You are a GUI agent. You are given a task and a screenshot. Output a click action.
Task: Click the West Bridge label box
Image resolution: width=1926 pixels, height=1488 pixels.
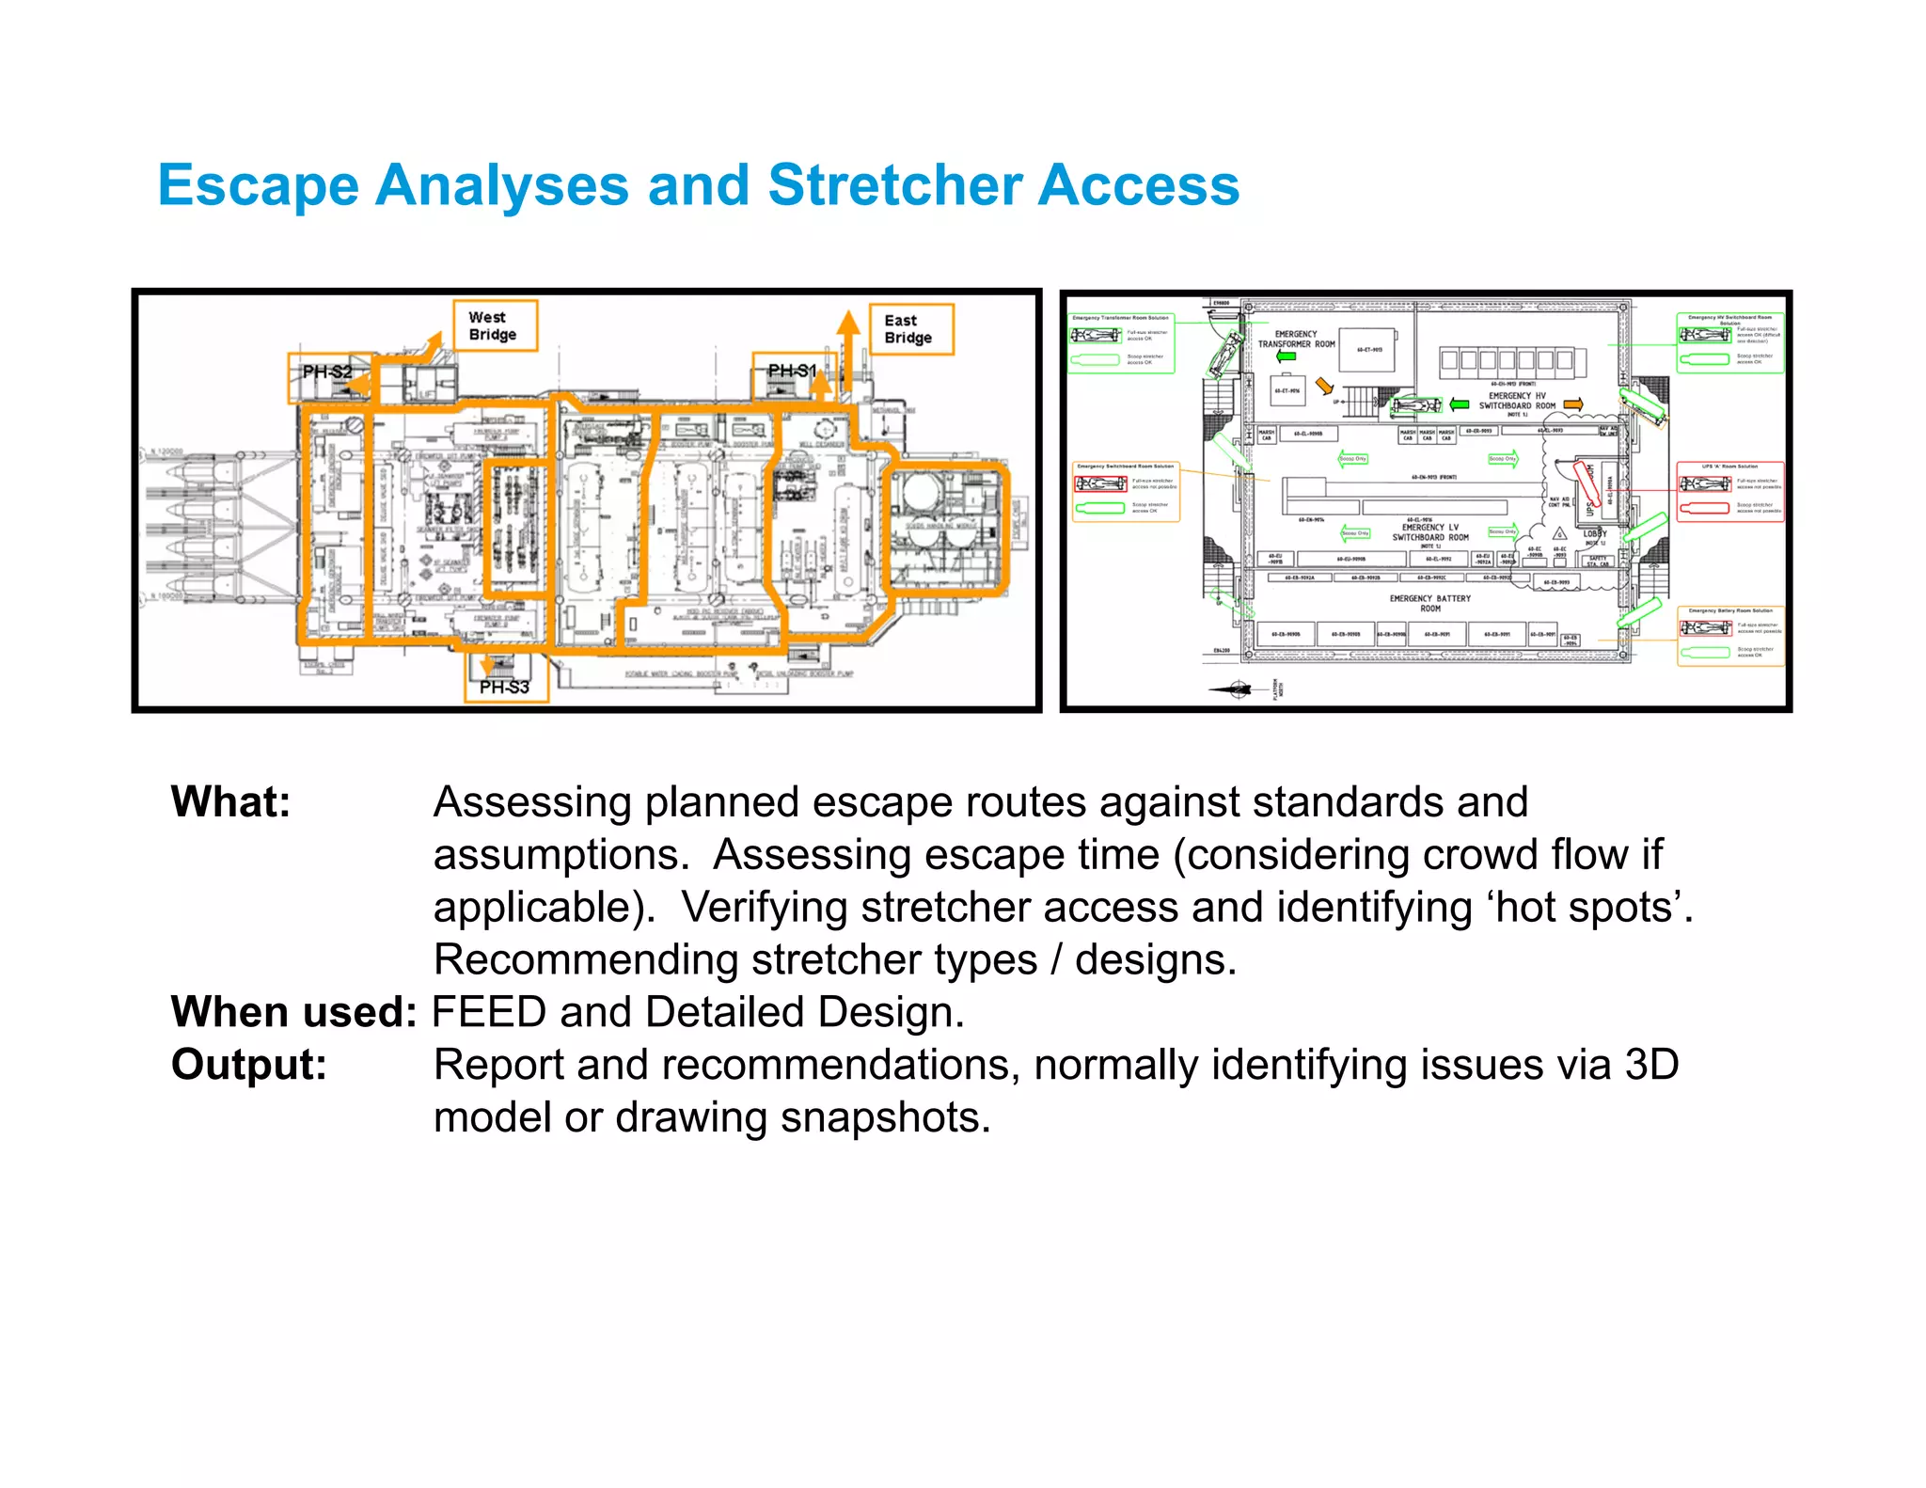coord(495,325)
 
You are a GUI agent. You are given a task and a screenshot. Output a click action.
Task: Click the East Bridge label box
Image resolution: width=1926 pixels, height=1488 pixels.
coord(910,329)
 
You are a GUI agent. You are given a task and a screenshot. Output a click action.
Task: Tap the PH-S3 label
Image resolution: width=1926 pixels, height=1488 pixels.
coord(505,687)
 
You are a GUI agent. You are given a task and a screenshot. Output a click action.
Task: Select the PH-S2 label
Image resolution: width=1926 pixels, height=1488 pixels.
coord(326,372)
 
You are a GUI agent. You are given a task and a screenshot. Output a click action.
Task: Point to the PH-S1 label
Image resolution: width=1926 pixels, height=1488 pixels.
coord(792,371)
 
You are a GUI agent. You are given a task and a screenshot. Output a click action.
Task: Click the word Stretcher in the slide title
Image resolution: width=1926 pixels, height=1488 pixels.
coord(894,184)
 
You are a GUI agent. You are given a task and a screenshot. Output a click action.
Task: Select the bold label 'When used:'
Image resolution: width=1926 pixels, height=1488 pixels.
coord(293,1012)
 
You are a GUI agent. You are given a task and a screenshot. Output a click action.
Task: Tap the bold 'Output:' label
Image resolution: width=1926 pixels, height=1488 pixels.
coord(249,1065)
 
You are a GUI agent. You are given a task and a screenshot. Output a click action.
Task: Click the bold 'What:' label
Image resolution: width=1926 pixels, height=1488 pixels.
coord(231,802)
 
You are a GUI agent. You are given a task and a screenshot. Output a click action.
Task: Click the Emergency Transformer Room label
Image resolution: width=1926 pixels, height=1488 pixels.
coord(1296,339)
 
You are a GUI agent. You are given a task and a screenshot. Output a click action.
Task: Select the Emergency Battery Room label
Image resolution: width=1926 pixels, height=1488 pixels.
coord(1429,603)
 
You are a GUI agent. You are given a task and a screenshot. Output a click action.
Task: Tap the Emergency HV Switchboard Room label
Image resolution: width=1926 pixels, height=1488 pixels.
coord(1517,401)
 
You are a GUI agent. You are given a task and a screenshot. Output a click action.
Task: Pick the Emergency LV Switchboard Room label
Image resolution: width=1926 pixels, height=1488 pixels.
coord(1429,532)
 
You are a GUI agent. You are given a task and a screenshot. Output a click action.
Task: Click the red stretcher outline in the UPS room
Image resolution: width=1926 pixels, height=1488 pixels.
coord(1586,483)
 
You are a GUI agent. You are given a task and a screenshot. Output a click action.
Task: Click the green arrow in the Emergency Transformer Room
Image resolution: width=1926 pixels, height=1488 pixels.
coord(1287,356)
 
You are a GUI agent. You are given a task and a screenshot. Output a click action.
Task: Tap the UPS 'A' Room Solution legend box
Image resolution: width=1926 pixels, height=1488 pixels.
coord(1729,491)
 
